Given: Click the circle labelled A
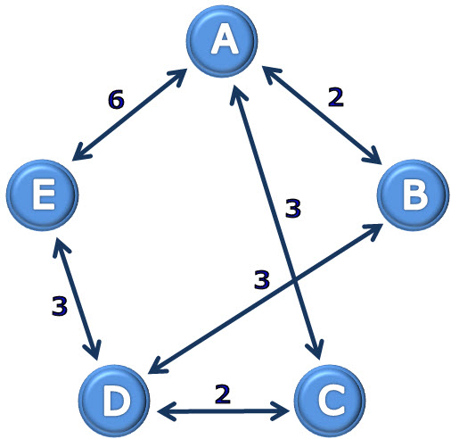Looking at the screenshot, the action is pos(222,41).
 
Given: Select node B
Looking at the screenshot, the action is pos(414,195).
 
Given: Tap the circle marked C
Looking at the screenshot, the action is pos(330,401).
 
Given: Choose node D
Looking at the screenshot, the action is pos(114,401).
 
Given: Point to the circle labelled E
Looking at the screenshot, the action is pos(42,195).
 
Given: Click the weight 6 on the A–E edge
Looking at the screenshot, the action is pos(116,99).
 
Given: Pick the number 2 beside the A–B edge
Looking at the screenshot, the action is pos(336,97).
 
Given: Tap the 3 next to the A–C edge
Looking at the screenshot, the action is pos(293,208).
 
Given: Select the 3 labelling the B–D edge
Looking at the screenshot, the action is pos(262,279).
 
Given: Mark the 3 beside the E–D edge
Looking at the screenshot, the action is pos(60,305).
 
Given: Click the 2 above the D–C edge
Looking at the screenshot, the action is pos(223,393).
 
